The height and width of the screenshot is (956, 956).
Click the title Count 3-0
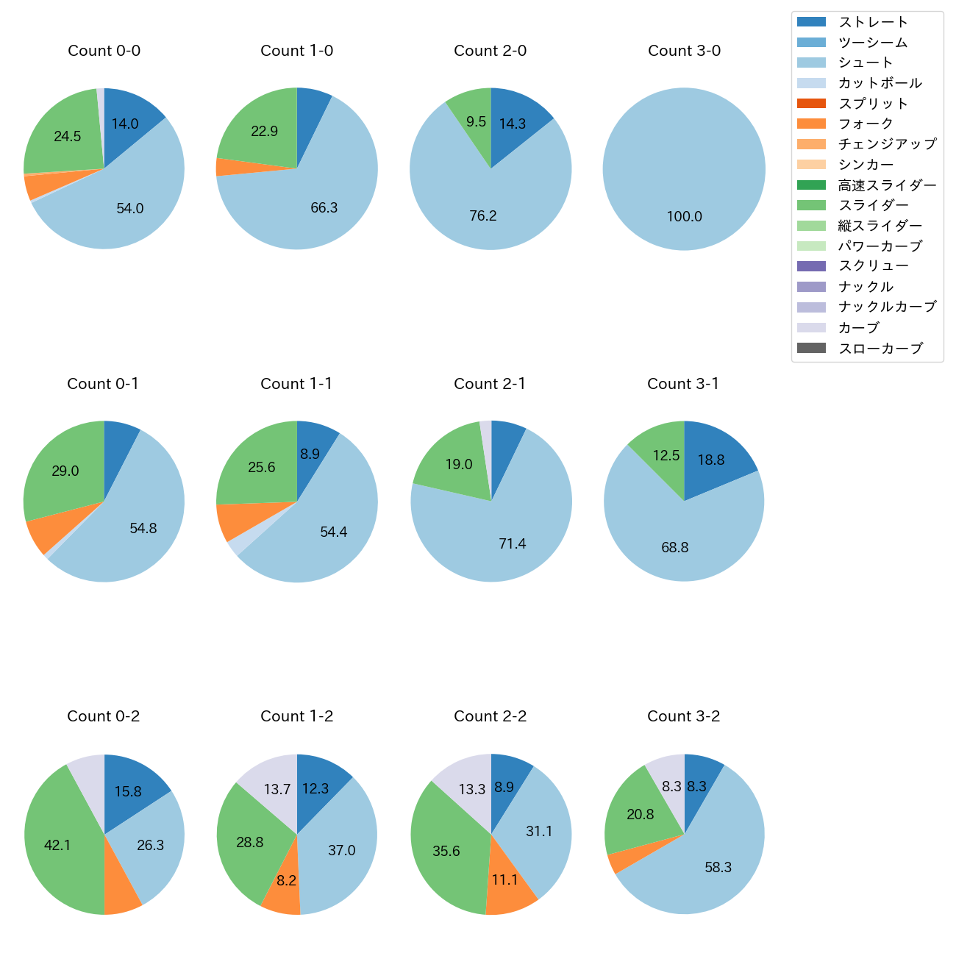coord(684,51)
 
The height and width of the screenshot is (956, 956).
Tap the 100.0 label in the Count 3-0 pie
coord(684,216)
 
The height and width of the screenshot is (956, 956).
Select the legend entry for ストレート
coord(873,22)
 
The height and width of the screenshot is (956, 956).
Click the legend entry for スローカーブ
coord(880,349)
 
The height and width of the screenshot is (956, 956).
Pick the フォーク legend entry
coord(866,124)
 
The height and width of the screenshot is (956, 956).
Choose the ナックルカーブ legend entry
coord(887,307)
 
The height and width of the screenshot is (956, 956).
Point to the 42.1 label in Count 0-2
coord(57,845)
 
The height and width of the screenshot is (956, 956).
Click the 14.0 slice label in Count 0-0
coord(125,124)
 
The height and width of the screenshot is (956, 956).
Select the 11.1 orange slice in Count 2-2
coord(505,880)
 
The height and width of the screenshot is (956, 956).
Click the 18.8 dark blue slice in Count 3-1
coord(711,460)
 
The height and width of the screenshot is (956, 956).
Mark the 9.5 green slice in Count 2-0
coord(476,121)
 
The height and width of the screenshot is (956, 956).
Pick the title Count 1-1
coord(296,384)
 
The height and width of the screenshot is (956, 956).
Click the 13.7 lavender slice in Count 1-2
coord(277,789)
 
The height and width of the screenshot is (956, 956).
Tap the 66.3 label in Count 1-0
coord(324,207)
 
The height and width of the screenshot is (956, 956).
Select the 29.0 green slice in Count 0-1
coord(65,471)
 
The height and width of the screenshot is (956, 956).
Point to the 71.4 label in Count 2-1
coord(512,543)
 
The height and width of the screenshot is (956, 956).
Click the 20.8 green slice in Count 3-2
coord(641,814)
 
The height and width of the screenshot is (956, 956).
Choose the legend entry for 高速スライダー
coord(887,185)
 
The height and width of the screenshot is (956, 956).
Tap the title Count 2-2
coord(490,716)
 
